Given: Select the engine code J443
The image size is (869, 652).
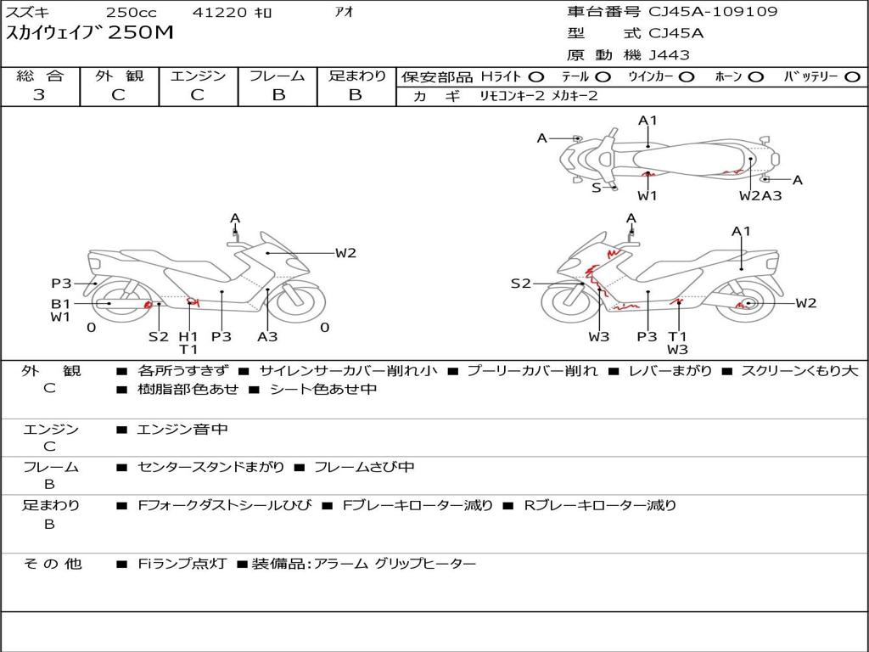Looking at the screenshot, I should pyautogui.click(x=670, y=55).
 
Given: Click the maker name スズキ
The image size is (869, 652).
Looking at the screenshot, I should pyautogui.click(x=28, y=13).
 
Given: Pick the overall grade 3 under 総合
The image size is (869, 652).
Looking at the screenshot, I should pyautogui.click(x=39, y=95).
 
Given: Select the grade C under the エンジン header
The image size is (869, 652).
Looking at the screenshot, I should pyautogui.click(x=197, y=95).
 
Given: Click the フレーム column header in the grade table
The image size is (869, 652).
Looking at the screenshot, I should pyautogui.click(x=277, y=76).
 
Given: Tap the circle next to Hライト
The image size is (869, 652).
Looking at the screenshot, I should pyautogui.click(x=536, y=77).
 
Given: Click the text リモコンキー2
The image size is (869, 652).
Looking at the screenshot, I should pyautogui.click(x=512, y=96).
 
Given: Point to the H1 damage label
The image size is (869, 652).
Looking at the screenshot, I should pyautogui.click(x=188, y=336).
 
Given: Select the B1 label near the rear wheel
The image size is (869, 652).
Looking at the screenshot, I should pyautogui.click(x=60, y=303).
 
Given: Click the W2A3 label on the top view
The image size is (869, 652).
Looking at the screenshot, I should pyautogui.click(x=760, y=196).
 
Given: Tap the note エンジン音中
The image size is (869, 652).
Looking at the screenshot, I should pyautogui.click(x=182, y=430).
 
